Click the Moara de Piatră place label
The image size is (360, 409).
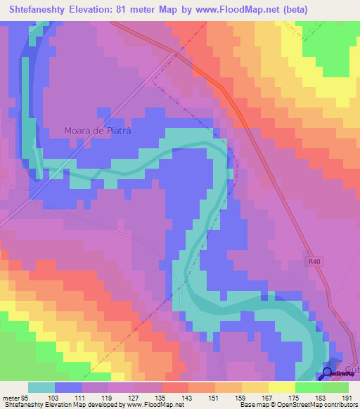click(x=98, y=131)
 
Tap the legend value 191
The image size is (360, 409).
click(x=346, y=398)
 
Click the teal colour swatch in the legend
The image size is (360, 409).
click(x=41, y=387)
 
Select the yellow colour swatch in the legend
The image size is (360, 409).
click(x=281, y=387)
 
